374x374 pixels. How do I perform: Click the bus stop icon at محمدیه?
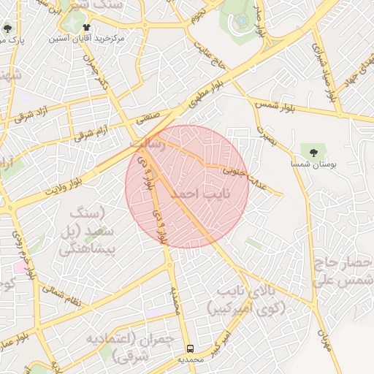(x=190, y=348)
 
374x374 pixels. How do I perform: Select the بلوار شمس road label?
(x=277, y=107)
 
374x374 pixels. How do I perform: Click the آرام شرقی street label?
(x=89, y=134)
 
